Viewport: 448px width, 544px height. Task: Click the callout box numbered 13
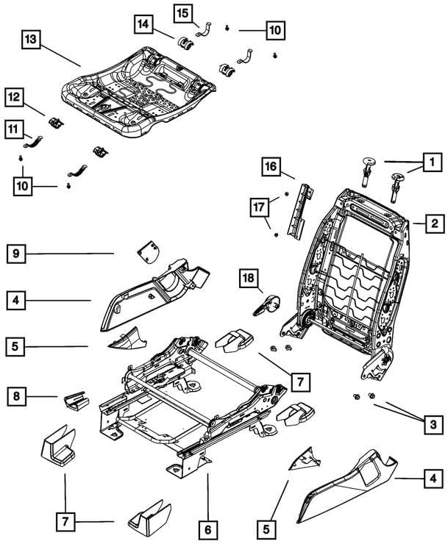point(31,40)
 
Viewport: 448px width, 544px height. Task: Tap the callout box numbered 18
point(249,278)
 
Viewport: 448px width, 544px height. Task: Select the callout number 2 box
point(435,223)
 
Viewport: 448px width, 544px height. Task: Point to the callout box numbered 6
point(208,530)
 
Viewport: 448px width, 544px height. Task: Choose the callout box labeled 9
point(16,254)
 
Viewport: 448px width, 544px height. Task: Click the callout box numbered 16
point(271,167)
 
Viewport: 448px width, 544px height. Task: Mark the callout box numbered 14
point(143,24)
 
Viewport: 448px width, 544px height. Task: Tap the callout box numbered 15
point(182,13)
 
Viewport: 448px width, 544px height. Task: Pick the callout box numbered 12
point(14,97)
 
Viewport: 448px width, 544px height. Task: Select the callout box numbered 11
point(13,130)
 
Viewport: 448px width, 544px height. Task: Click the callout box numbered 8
point(16,396)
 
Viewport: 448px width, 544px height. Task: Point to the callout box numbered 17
point(259,207)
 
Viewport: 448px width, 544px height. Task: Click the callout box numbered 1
point(433,162)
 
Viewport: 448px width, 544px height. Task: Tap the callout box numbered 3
point(433,424)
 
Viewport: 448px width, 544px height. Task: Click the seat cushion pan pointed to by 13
point(139,92)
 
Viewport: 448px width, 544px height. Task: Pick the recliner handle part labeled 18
point(267,305)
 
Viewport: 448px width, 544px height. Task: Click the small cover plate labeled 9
point(149,252)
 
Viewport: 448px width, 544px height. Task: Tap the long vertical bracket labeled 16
point(299,211)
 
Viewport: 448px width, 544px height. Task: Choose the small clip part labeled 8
point(77,401)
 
